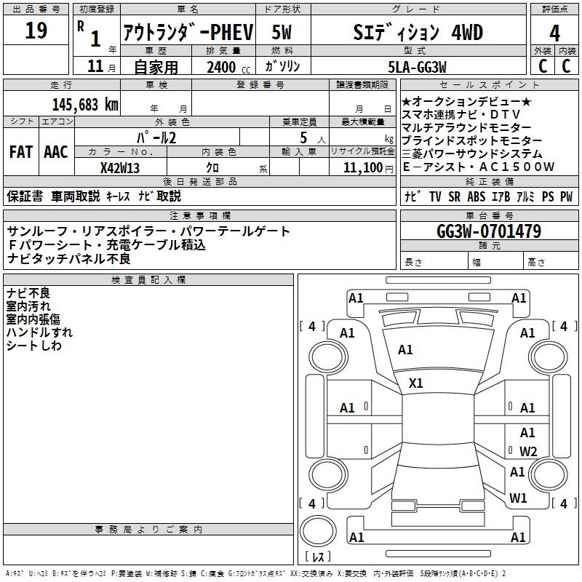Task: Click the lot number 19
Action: pos(36,31)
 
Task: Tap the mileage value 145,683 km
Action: pos(85,104)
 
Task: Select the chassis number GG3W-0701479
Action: pos(489,231)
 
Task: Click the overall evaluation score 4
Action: pos(555,33)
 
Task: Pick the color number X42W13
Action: pos(120,167)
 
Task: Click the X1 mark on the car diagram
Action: pos(416,383)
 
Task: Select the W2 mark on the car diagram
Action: pos(528,451)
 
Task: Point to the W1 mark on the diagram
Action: pos(518,498)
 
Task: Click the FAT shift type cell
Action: pos(20,152)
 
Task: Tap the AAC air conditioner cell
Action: pos(56,152)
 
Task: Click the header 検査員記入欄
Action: pos(148,280)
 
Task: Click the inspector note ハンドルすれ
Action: pos(39,332)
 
